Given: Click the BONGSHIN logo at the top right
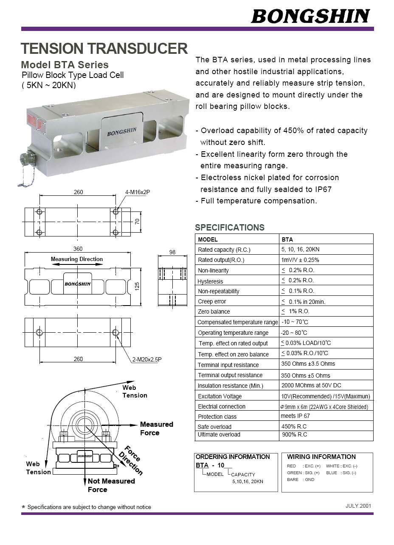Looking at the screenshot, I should click(x=310, y=16).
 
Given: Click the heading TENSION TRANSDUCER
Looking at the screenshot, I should click(x=104, y=49).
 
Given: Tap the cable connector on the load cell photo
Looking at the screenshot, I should click(x=26, y=160).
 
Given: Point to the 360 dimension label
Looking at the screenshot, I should click(x=78, y=249).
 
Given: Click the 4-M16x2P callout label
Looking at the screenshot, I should click(x=138, y=192).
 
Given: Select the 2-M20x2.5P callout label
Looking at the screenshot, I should click(x=146, y=360).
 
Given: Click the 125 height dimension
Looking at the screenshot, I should click(x=137, y=286).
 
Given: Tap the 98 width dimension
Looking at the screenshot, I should click(x=172, y=252).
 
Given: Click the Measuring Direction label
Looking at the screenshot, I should click(x=77, y=259).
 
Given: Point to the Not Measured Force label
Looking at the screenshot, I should click(x=111, y=485).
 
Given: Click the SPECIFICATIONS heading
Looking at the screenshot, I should click(x=230, y=228).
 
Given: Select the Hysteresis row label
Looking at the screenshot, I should click(x=210, y=281).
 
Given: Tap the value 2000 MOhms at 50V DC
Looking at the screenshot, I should click(x=311, y=385).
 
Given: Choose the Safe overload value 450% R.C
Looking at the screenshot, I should click(x=294, y=426).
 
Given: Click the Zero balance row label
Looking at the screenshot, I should click(x=214, y=311).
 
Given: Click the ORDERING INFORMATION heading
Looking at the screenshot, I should click(x=232, y=457).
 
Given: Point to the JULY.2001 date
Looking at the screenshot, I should click(x=358, y=506).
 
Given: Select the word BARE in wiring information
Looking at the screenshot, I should click(x=293, y=480).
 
